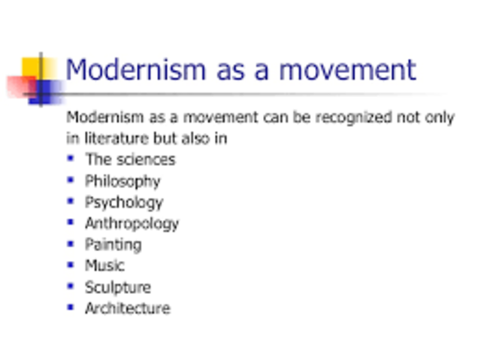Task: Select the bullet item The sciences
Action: [x=130, y=159]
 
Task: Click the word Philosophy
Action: [x=123, y=181]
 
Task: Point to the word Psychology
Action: [x=124, y=202]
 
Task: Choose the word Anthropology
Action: [x=132, y=223]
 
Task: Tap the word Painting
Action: [x=113, y=244]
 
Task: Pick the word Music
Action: [x=104, y=265]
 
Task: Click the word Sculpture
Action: [x=118, y=287]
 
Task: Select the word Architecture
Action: [x=128, y=308]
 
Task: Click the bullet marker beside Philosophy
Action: [x=71, y=180]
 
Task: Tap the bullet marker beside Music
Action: [x=71, y=265]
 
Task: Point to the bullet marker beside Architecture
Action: [x=71, y=307]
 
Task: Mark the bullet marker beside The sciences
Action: [x=71, y=159]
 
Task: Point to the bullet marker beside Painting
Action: [x=71, y=244]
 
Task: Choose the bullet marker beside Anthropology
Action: [x=71, y=222]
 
